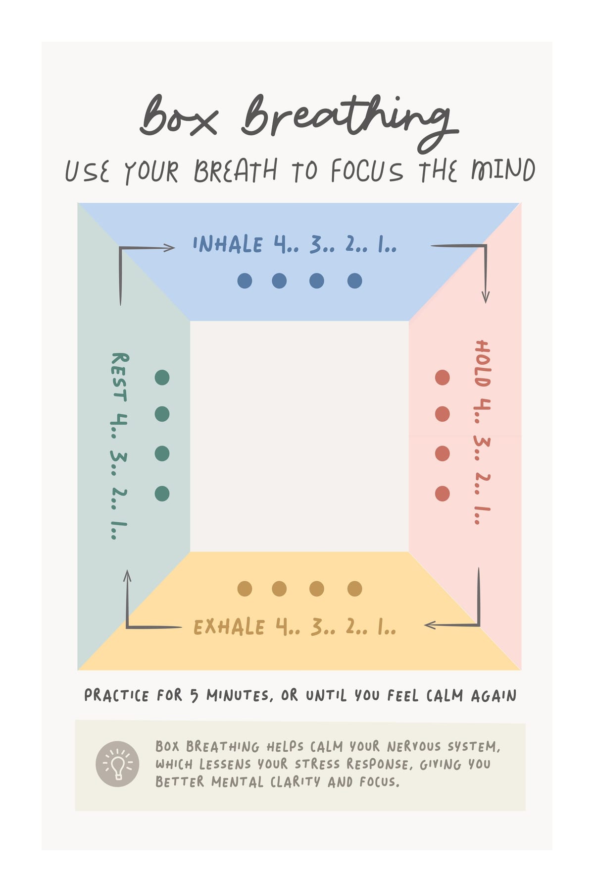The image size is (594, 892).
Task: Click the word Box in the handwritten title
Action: [x=178, y=116]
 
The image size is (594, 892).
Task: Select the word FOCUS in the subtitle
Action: [x=367, y=171]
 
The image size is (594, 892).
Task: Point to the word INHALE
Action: [x=227, y=244]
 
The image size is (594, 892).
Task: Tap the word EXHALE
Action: [x=229, y=627]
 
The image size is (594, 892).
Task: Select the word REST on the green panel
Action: [x=119, y=377]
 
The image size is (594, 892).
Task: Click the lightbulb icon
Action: [x=117, y=764]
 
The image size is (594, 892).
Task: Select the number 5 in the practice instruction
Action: [x=195, y=696]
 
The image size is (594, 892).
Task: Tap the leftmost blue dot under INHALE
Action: [x=245, y=281]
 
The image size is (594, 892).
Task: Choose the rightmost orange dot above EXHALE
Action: [x=354, y=589]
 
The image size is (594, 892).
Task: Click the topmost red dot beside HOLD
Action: [x=442, y=378]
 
